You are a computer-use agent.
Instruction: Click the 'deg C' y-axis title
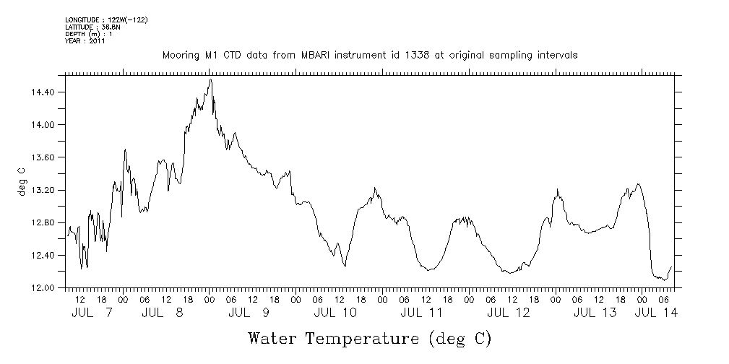(21, 181)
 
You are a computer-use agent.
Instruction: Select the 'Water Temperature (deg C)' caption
(369, 338)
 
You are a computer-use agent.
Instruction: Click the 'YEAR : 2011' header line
(85, 41)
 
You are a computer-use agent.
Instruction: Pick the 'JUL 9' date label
(249, 313)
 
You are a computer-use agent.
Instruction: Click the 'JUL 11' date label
(421, 313)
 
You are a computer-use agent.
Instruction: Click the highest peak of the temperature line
(210, 79)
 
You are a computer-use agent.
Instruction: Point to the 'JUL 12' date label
(508, 313)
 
